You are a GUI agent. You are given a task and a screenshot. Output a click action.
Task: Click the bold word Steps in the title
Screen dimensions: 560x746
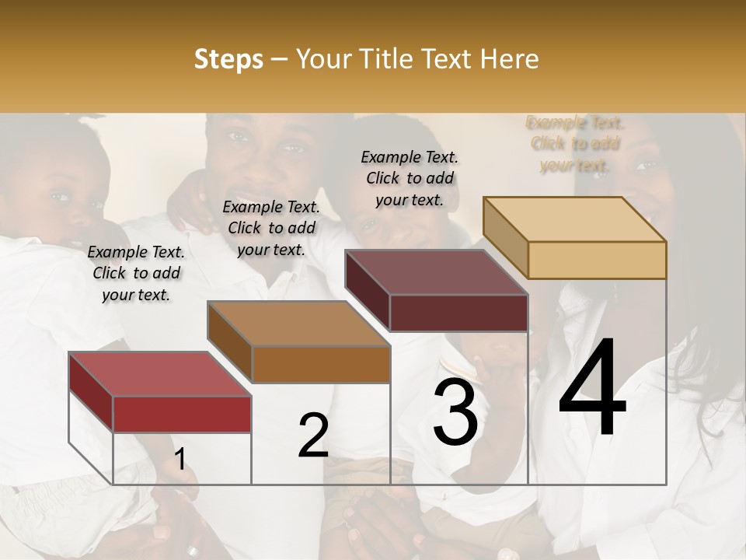tap(228, 60)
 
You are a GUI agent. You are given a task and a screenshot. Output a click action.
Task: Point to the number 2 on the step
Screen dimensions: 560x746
tap(313, 436)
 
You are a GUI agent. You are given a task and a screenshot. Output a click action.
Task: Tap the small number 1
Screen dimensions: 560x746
tap(180, 459)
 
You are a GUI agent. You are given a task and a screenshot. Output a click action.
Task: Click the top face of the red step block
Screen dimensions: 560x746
tap(159, 374)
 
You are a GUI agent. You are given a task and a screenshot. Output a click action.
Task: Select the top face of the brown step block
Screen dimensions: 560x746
tap(298, 324)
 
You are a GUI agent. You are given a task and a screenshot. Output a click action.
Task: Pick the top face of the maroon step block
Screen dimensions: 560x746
tap(436, 272)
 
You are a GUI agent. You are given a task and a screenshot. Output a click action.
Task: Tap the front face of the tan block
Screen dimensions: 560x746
tap(597, 260)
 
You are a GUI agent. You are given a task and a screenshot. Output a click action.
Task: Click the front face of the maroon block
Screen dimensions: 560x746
tap(458, 313)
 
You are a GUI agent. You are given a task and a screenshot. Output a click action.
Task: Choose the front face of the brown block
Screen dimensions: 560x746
tap(321, 364)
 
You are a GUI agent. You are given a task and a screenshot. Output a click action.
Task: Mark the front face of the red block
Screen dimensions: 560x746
tap(182, 414)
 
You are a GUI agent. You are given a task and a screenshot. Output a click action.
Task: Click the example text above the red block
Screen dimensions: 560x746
tap(136, 274)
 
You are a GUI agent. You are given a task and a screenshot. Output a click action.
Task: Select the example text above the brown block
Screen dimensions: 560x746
tap(271, 228)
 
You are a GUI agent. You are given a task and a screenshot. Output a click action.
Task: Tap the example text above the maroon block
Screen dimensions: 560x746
tap(410, 178)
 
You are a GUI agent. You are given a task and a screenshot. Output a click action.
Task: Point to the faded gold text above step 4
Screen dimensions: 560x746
tap(575, 144)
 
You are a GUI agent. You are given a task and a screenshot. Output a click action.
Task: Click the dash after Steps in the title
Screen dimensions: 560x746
tap(276, 60)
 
